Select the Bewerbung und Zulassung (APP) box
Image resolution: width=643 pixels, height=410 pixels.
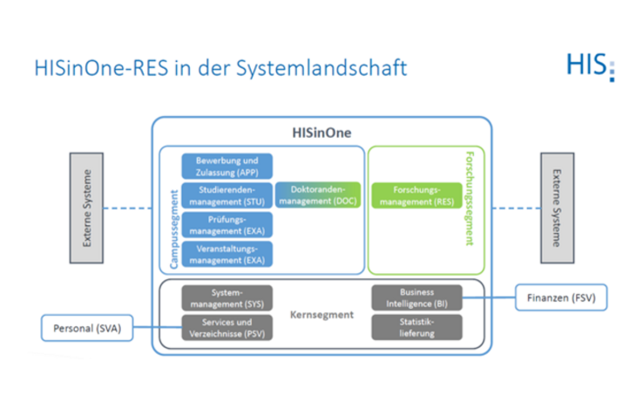tap(227, 167)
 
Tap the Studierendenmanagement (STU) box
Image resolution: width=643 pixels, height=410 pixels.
tap(227, 195)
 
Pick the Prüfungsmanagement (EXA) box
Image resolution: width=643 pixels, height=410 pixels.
tap(227, 224)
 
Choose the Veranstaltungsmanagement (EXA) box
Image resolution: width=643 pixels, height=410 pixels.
tap(227, 254)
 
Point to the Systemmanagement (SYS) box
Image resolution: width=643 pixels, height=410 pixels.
tap(227, 298)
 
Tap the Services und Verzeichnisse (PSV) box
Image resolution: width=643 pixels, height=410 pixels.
tap(227, 327)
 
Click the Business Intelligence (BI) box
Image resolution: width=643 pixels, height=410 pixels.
tap(416, 298)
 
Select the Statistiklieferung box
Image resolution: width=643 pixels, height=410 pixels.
tap(416, 327)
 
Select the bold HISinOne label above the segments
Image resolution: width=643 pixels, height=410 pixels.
tap(321, 133)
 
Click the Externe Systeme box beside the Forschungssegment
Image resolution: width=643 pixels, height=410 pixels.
tap(557, 208)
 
